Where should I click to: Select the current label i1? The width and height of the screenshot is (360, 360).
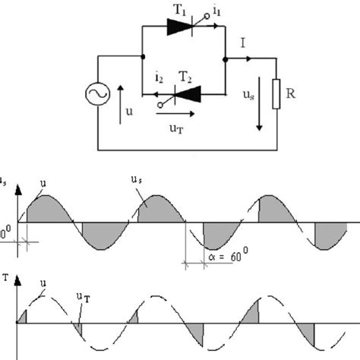tap(216, 10)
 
